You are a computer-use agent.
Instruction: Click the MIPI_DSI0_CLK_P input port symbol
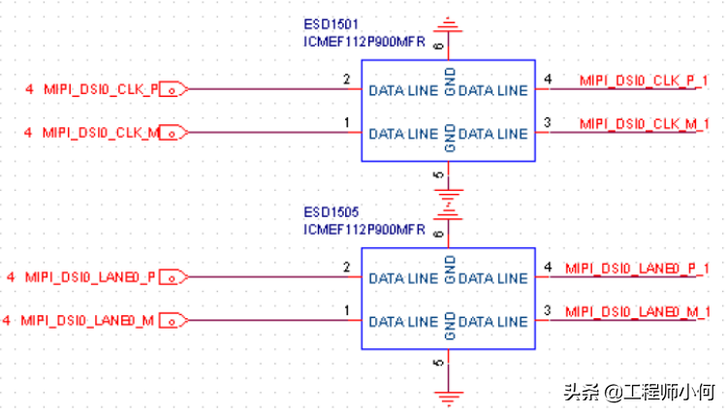pos(172,89)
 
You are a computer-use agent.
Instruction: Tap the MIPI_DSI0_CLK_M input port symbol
pos(172,132)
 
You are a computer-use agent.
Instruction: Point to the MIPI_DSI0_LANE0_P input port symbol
pos(172,277)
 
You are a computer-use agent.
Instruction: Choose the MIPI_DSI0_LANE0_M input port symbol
pos(172,319)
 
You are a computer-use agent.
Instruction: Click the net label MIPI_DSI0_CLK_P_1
pos(644,80)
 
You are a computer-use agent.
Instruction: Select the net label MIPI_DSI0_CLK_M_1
pos(645,123)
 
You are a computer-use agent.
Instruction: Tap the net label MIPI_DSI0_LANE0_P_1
pos(638,268)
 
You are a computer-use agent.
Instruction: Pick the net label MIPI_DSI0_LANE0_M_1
pos(639,310)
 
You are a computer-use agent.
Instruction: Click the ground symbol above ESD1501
pos(448,23)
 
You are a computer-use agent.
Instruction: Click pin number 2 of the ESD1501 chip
pos(346,79)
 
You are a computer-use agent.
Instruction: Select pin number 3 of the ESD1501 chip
pos(548,122)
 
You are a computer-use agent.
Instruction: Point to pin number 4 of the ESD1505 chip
pos(548,267)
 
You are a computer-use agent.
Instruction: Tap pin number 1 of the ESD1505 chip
pos(346,310)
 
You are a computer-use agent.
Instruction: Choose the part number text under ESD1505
pos(363,229)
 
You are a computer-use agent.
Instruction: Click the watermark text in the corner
pos(639,392)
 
